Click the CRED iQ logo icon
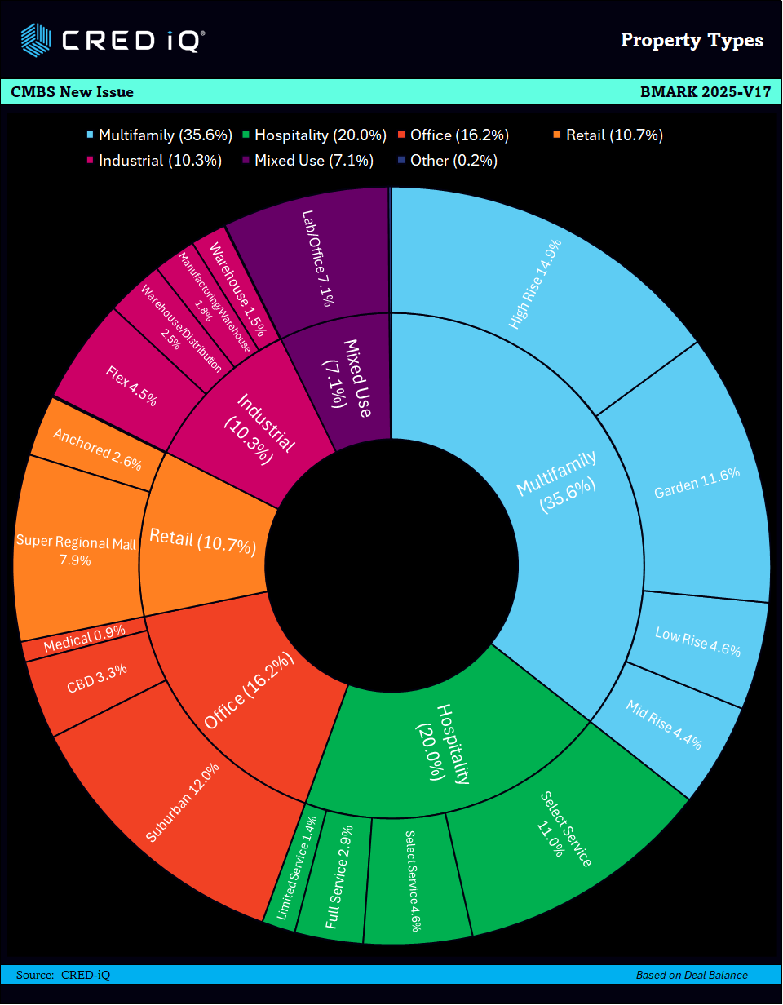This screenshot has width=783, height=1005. [x=36, y=38]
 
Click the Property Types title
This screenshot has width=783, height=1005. [x=692, y=40]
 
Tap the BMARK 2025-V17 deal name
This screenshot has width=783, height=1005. [x=706, y=92]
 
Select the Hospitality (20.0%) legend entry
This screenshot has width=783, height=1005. [x=318, y=135]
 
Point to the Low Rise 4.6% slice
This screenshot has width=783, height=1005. [x=697, y=644]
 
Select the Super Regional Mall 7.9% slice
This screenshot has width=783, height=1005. [x=76, y=551]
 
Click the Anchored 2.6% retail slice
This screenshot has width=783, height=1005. [x=96, y=449]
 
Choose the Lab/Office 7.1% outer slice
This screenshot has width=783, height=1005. [x=318, y=257]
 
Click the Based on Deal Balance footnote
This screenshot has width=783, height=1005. [x=692, y=975]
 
